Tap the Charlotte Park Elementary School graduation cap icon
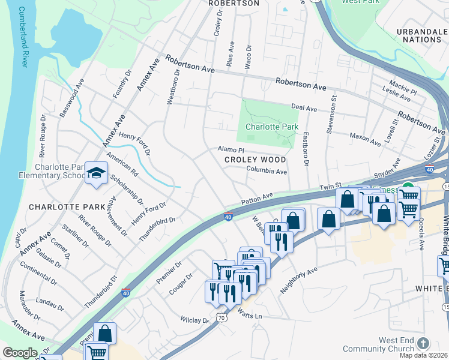(x=95, y=173)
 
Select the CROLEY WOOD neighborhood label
(x=256, y=160)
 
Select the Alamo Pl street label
(x=231, y=149)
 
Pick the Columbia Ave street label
(x=267, y=172)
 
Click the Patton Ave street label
(x=257, y=197)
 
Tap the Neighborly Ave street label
(x=298, y=281)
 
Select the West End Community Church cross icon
(x=423, y=344)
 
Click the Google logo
(x=20, y=353)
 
